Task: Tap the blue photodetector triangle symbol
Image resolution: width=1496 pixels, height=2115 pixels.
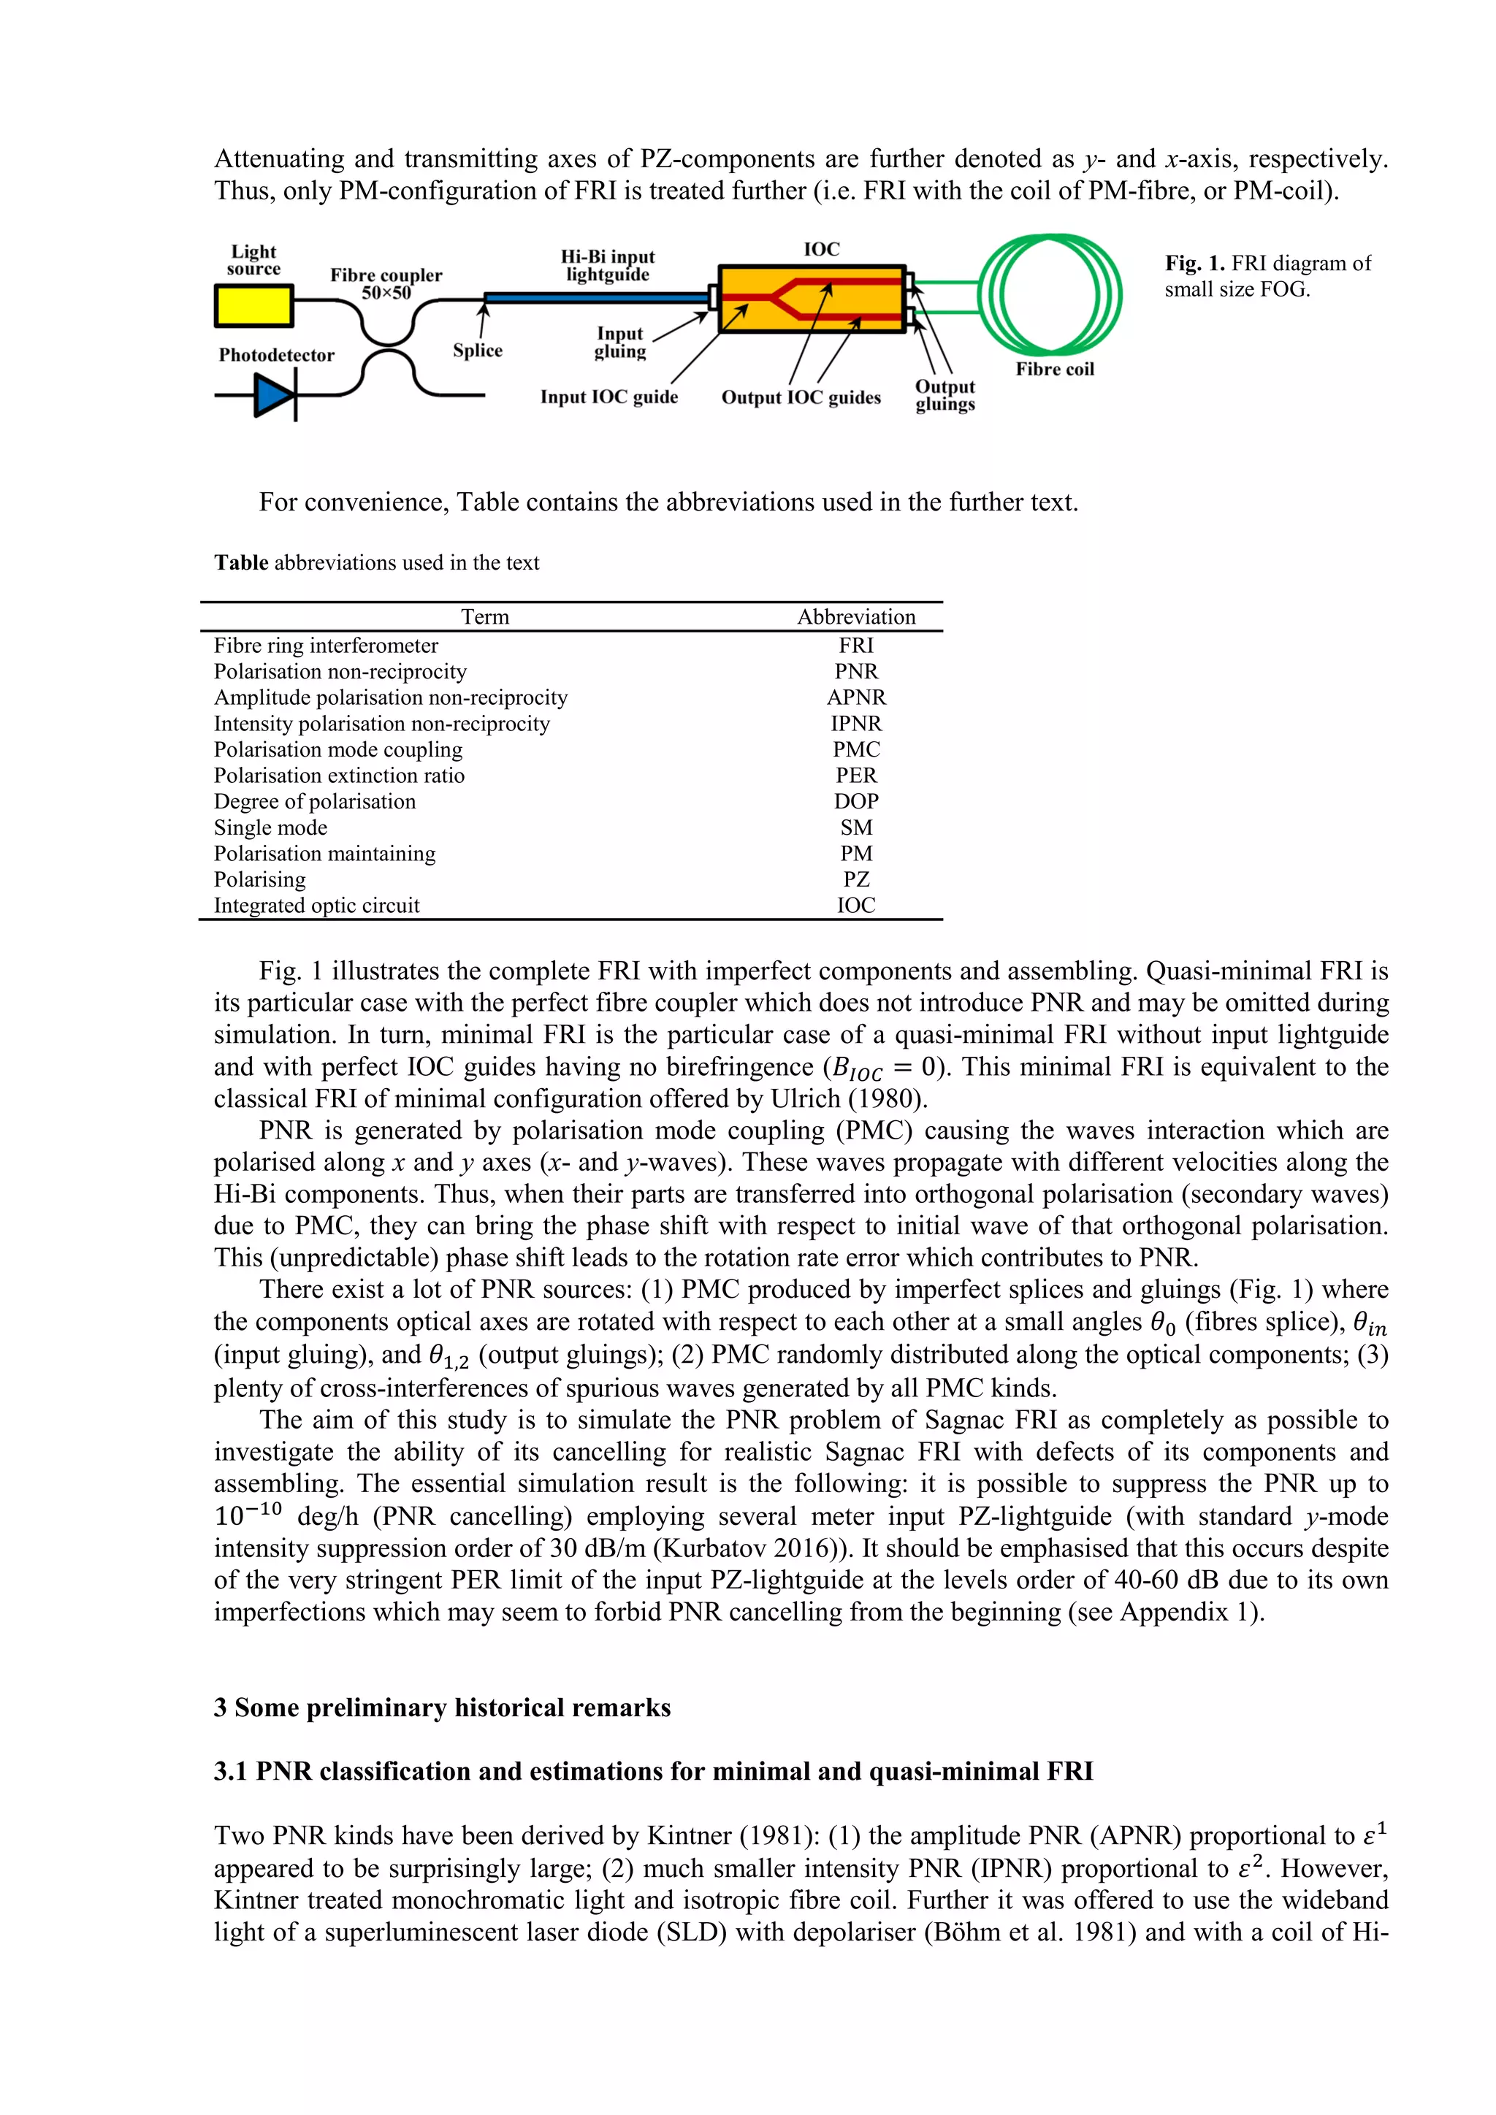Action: click(272, 396)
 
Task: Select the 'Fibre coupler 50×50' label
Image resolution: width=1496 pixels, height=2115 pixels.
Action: click(386, 283)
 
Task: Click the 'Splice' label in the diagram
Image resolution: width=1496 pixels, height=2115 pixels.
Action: click(477, 350)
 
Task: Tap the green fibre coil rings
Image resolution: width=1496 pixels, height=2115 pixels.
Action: click(1050, 295)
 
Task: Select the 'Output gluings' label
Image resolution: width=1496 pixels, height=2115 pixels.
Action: click(945, 395)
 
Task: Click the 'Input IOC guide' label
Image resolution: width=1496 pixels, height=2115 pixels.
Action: click(609, 397)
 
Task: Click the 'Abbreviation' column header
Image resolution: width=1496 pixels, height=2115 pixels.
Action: click(856, 617)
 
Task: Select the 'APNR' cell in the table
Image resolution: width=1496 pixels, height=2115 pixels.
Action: click(856, 697)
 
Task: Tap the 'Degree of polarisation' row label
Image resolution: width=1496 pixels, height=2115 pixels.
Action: click(315, 801)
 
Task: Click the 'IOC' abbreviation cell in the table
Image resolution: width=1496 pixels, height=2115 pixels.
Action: click(856, 906)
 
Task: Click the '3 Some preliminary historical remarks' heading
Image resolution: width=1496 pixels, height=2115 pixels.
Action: click(442, 1707)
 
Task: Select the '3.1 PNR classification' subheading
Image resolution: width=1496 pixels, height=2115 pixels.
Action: click(653, 1772)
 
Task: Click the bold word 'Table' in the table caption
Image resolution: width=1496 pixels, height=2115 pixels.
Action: click(241, 563)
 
